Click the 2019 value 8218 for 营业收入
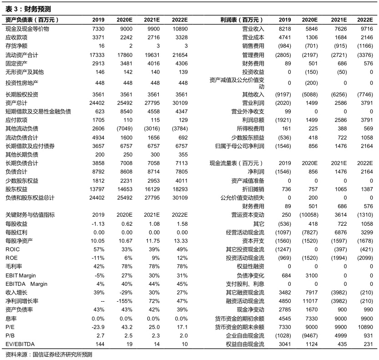[284, 29]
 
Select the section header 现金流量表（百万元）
[237, 163]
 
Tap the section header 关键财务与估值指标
[29, 214]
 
